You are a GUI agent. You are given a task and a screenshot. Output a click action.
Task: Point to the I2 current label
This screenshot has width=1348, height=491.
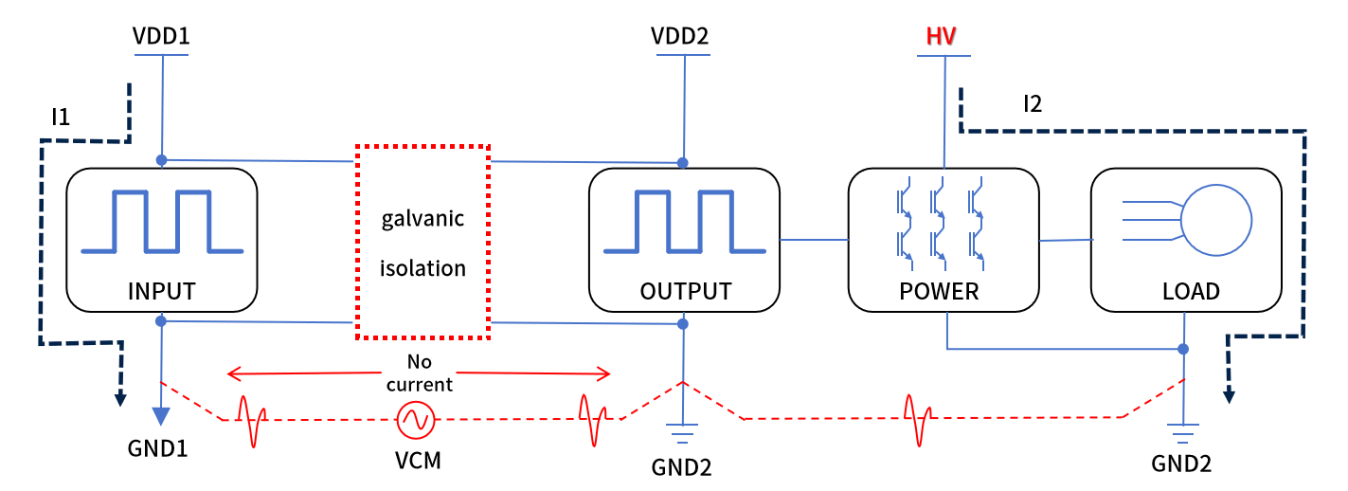pos(1033,103)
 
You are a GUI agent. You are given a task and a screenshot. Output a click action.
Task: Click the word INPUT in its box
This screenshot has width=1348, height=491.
pos(162,290)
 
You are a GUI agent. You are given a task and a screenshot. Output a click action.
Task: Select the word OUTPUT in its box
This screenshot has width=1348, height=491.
pos(686,290)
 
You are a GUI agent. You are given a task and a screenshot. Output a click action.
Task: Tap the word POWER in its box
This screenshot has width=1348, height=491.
pos(939,290)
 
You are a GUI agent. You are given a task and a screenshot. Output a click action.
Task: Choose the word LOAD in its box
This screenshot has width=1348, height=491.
pos(1191,290)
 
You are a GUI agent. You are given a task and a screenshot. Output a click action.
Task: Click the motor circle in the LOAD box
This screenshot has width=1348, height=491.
pos(1216,219)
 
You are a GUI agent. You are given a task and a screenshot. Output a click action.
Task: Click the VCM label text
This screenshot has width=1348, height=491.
pos(418,462)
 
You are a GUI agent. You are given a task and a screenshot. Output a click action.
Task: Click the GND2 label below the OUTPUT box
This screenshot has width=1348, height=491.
pos(681,467)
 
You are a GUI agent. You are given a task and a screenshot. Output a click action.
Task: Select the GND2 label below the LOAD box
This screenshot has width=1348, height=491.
pos(1181,464)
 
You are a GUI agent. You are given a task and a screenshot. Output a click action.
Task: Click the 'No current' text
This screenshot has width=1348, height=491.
pos(419,373)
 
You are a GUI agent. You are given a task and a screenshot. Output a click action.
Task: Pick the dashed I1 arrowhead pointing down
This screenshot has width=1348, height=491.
pos(119,397)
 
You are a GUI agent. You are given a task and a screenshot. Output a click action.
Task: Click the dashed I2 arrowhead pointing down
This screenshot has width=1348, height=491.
pos(1229,394)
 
